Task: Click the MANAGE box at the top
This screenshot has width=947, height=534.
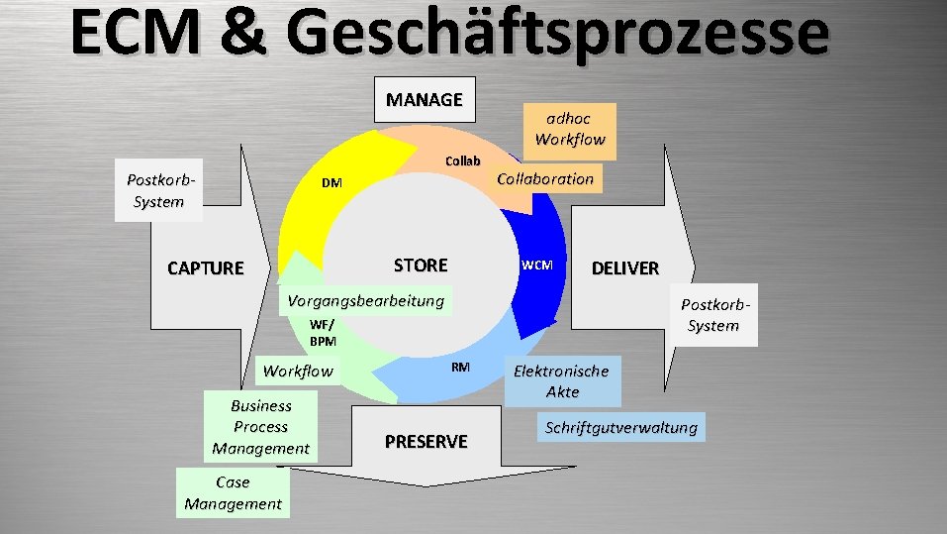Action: [x=425, y=100]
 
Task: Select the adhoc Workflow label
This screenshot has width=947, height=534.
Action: [x=569, y=130]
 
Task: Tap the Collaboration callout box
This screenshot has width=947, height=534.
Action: [x=545, y=179]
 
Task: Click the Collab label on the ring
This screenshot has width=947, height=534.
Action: [x=462, y=160]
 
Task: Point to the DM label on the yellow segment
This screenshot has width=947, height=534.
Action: [x=331, y=183]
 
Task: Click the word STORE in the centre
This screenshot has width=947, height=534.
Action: [x=421, y=266]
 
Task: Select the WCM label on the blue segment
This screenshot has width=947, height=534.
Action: [x=537, y=266]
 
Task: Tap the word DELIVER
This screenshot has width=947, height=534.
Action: [x=624, y=268]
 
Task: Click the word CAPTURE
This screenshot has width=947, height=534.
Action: [x=205, y=268]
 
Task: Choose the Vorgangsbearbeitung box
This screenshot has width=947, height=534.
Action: [x=365, y=301]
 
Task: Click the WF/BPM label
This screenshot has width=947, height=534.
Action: [x=323, y=333]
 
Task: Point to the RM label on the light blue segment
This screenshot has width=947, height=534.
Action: [x=460, y=368]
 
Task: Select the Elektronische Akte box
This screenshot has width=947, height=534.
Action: [x=562, y=381]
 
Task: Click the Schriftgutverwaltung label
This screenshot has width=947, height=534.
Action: [x=621, y=428]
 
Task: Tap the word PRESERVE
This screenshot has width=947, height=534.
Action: [x=426, y=442]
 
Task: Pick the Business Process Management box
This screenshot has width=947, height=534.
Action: [x=261, y=427]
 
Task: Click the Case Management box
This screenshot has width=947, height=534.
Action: [x=233, y=493]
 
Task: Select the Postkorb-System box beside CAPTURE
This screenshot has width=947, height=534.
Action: [x=158, y=190]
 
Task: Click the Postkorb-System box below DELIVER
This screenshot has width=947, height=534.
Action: [x=712, y=315]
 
